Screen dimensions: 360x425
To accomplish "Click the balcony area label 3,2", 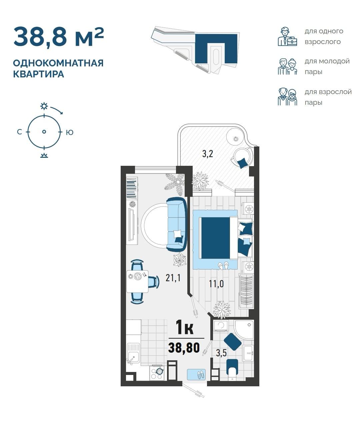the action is click(x=208, y=153).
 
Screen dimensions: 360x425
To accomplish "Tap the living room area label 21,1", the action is click(x=173, y=278).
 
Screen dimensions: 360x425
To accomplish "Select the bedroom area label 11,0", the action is click(x=216, y=284).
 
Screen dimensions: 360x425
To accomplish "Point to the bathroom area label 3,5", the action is click(x=221, y=353).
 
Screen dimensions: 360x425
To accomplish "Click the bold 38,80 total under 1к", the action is click(x=184, y=348).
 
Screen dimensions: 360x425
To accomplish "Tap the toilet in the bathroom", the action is click(x=232, y=370).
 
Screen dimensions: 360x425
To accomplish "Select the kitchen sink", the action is click(x=133, y=354).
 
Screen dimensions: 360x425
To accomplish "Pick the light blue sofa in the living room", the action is click(x=177, y=224).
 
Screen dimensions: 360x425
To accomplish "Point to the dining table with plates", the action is click(x=137, y=281).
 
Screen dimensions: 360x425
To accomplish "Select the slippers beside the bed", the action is click(x=223, y=266).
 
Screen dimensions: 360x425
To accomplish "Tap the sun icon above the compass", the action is click(x=44, y=106).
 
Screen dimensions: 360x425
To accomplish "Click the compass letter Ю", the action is click(x=70, y=132).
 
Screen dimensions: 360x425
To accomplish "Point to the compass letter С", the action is click(x=20, y=132).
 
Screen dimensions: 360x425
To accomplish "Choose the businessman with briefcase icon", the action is click(x=287, y=36).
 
